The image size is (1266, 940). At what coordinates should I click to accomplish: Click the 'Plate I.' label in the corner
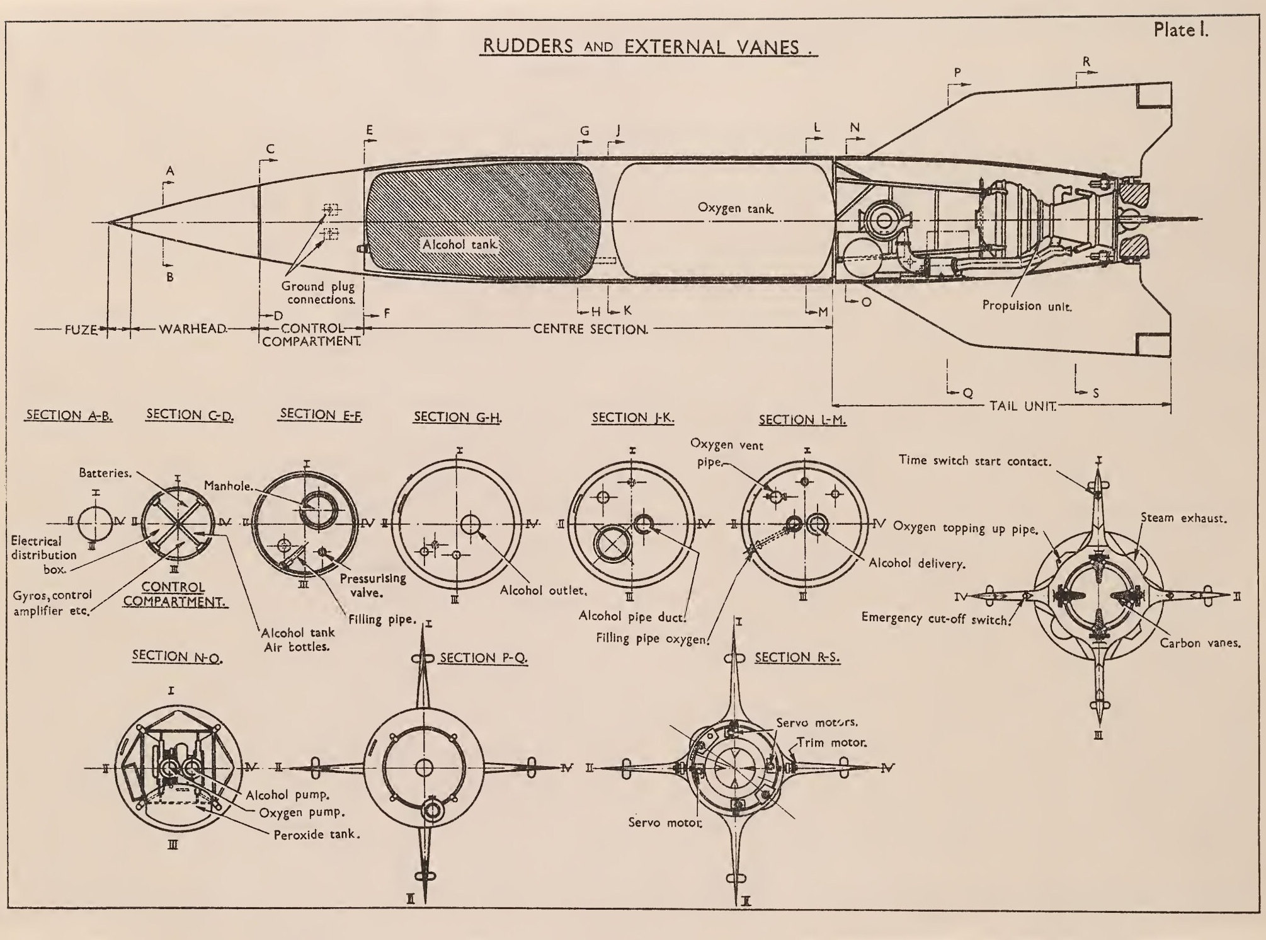coord(1180,30)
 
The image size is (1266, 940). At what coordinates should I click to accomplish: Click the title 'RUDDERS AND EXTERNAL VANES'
coord(647,47)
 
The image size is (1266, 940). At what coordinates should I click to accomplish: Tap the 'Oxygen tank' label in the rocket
coord(736,208)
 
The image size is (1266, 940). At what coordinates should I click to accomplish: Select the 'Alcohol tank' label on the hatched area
coord(460,244)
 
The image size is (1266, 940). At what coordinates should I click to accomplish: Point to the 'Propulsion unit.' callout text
coord(1027,306)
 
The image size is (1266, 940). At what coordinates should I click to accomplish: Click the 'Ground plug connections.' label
coord(318,293)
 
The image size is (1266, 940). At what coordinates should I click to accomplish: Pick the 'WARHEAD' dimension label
coord(192,329)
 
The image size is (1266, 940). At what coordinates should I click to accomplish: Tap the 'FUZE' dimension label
coord(81,329)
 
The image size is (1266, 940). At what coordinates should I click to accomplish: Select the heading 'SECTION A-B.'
coord(69,416)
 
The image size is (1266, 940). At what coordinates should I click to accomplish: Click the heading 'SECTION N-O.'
coord(177,656)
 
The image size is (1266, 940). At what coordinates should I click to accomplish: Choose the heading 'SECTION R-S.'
coord(797,657)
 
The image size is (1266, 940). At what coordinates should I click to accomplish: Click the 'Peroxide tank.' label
coord(317,835)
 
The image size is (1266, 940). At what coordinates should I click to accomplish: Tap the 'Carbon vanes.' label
coord(1200,643)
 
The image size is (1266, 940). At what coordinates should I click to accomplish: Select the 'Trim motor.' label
coord(832,742)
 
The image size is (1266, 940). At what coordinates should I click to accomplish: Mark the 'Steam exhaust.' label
coord(1183,518)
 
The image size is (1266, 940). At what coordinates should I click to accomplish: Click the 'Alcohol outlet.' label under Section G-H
coord(544,591)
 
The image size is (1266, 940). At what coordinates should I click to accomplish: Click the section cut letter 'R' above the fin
coord(1086,62)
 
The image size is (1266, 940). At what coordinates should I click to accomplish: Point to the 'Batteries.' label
coord(105,473)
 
